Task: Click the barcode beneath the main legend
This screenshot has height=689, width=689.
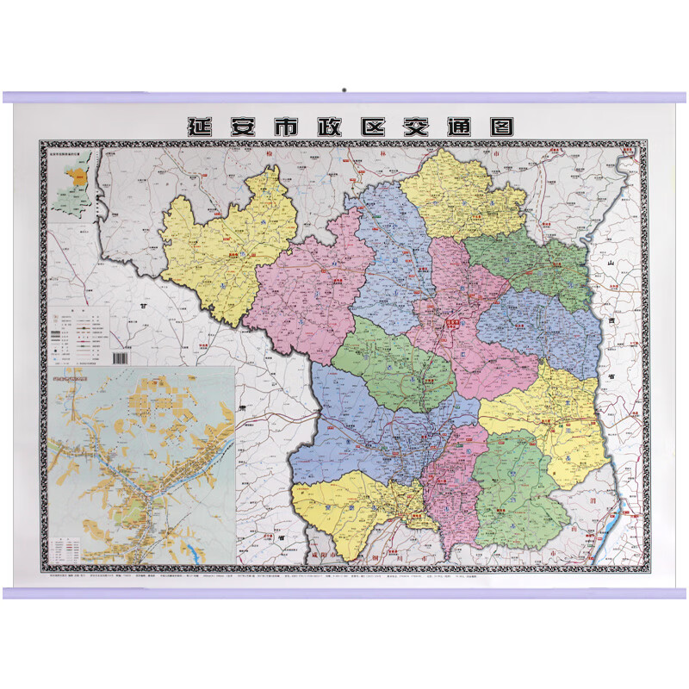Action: (120, 356)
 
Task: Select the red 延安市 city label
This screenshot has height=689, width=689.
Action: (454, 322)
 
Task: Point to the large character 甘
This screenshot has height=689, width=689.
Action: (144, 305)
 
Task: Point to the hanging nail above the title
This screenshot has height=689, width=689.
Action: (344, 89)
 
